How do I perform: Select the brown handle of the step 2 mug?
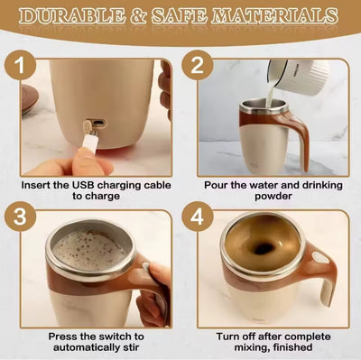[x=297, y=135]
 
